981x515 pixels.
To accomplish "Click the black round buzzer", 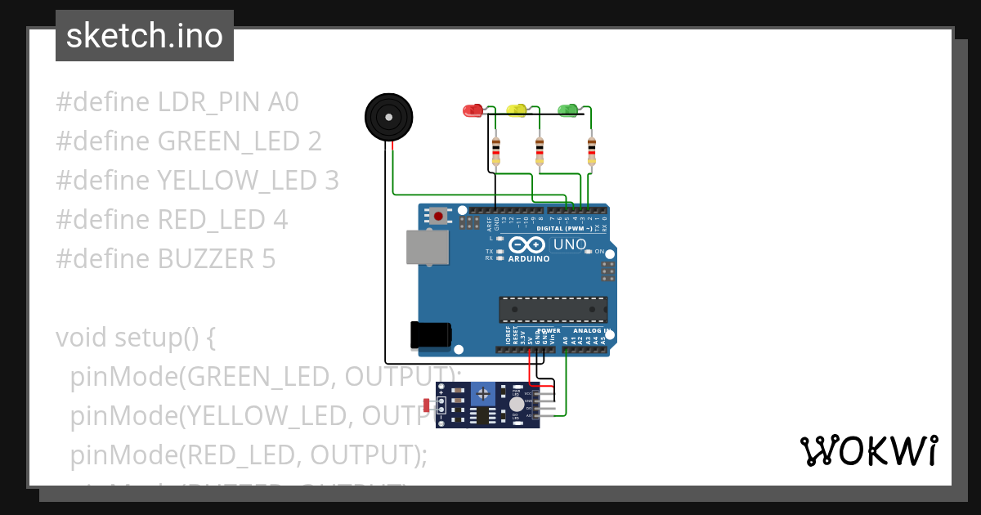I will pos(388,118).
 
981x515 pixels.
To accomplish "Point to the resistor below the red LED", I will pos(495,150).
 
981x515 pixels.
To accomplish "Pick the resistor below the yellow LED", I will pos(540,150).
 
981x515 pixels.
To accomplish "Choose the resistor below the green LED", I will pos(592,150).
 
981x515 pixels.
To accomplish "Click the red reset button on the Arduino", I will pos(439,217).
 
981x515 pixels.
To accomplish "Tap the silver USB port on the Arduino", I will pos(428,247).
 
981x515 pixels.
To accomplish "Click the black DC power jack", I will pos(430,335).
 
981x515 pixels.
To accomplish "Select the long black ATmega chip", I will pos(553,310).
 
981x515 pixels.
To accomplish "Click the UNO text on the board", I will pos(570,244).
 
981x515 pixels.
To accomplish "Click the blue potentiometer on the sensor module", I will pos(483,394).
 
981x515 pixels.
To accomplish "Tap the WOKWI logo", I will pos(868,450).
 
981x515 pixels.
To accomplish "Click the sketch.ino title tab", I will pos(145,36).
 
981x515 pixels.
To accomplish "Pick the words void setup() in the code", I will pos(135,338).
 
